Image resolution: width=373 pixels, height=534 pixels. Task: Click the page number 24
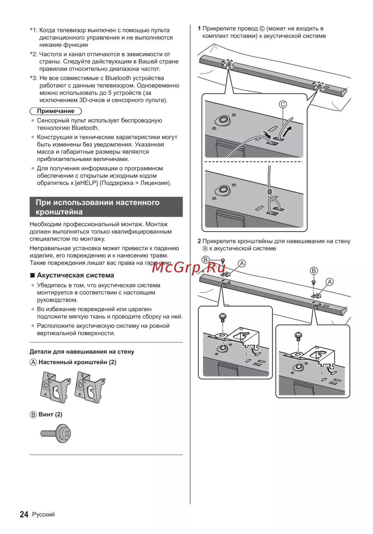point(24,514)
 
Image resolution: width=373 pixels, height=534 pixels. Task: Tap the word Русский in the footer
point(43,514)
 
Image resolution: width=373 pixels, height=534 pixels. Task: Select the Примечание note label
point(56,111)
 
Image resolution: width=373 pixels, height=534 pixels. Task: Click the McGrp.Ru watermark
point(189,267)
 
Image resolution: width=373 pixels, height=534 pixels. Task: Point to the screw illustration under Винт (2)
point(56,434)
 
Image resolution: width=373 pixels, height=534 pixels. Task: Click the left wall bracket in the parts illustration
point(55,387)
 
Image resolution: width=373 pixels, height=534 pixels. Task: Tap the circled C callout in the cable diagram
point(283,104)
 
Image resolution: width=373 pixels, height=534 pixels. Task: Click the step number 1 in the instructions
point(199,29)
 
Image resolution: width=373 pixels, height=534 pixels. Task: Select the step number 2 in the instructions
point(199,241)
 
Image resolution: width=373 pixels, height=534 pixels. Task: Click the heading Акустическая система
point(75,275)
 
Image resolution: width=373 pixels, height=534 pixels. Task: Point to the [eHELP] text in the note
point(87,183)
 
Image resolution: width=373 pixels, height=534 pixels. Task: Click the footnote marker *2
point(34,54)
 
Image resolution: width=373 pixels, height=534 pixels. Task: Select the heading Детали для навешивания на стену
point(82,352)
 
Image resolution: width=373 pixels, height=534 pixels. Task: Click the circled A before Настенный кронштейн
point(33,362)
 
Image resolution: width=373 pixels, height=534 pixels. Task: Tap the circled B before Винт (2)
point(33,415)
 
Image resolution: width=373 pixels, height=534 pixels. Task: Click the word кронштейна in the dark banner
point(59,212)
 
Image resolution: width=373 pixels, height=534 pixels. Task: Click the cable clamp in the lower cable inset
point(270,192)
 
